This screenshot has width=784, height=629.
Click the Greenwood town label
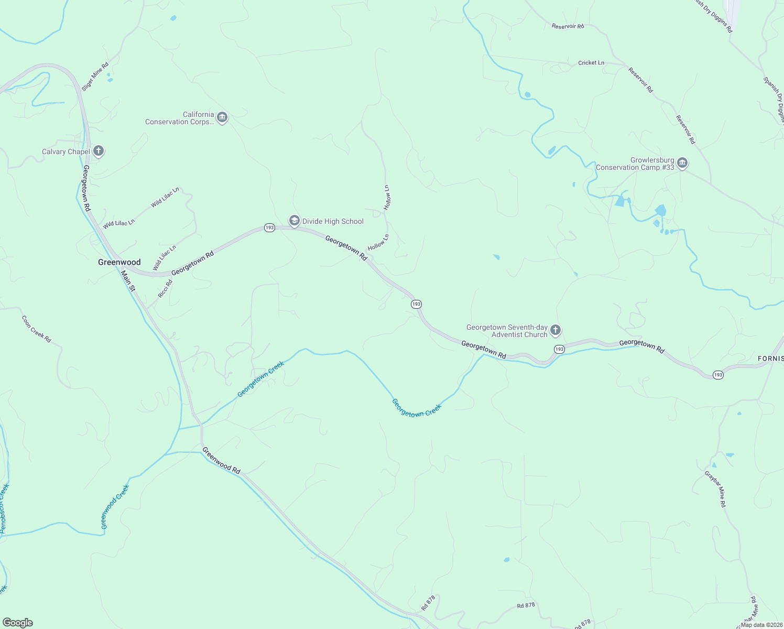[119, 262]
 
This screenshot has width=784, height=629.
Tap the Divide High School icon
[295, 221]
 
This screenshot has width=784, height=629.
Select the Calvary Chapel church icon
[98, 151]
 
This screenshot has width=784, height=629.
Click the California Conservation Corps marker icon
[222, 117]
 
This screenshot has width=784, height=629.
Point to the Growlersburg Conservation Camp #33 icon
[682, 163]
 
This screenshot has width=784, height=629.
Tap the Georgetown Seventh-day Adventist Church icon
[556, 330]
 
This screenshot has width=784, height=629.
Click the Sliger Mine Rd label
[95, 77]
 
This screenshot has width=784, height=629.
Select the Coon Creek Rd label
[37, 329]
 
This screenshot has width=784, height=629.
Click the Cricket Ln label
[591, 63]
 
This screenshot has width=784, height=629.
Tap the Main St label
[128, 281]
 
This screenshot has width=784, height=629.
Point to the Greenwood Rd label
[221, 461]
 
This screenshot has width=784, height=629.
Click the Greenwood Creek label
[115, 507]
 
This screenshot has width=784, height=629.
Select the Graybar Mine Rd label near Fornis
[715, 489]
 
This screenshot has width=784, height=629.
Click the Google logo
[18, 623]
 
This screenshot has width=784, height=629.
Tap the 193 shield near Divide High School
[269, 228]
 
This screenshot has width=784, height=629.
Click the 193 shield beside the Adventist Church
[559, 349]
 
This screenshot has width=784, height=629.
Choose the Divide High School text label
[333, 222]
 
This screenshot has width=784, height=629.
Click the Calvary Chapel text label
[66, 152]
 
